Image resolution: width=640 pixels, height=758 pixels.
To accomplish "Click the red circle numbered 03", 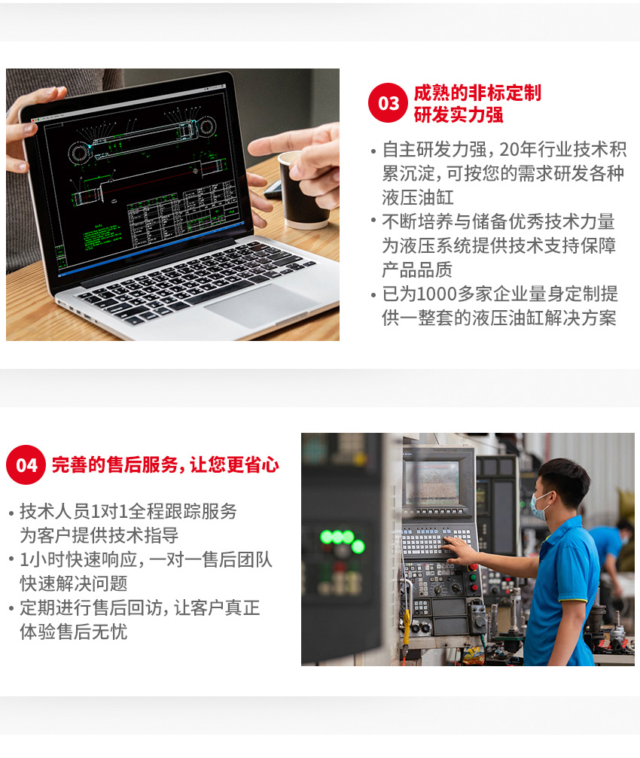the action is [388, 102].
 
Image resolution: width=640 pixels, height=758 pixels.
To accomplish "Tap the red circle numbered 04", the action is [26, 464].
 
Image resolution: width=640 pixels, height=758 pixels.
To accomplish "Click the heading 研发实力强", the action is [459, 115].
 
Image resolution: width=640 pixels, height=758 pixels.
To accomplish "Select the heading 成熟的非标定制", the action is [477, 93].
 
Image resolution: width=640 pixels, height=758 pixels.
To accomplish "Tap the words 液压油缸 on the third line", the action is [418, 197].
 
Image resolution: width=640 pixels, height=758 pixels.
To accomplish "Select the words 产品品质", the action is [417, 269].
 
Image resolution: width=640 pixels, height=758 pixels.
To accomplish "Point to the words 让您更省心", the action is [234, 464].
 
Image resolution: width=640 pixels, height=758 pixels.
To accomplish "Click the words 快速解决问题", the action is [74, 583].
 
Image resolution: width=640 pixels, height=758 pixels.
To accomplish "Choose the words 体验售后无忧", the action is [74, 632].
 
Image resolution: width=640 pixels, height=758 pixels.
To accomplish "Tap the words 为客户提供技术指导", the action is [99, 535].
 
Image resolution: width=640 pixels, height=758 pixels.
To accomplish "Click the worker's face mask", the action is [539, 506].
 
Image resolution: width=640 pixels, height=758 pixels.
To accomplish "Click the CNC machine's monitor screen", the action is [432, 482].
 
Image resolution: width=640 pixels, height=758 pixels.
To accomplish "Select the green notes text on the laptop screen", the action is [102, 236].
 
